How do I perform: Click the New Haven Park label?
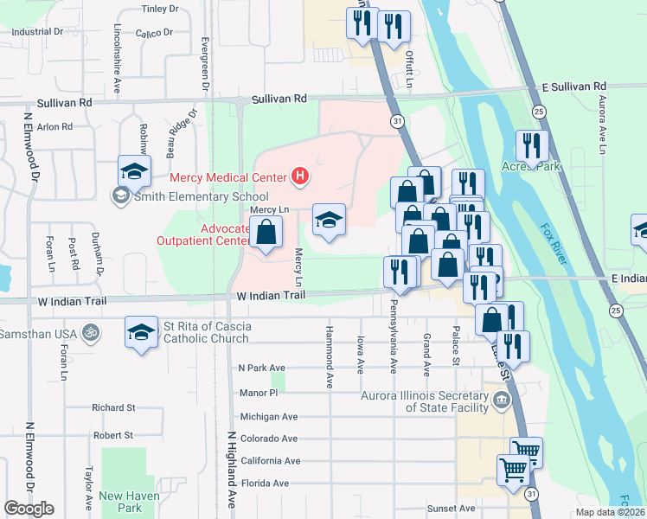point(120,502)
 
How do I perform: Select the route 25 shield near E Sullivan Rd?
point(538,112)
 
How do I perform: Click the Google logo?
point(29,509)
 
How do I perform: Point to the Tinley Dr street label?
point(159,10)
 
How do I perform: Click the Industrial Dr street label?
point(38,31)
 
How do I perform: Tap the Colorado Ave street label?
point(269,439)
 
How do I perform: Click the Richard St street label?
point(113,407)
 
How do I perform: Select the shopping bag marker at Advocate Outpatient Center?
point(266,234)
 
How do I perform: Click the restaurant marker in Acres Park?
point(532,146)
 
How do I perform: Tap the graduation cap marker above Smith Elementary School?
point(135,171)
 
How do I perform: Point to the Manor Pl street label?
point(258,393)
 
